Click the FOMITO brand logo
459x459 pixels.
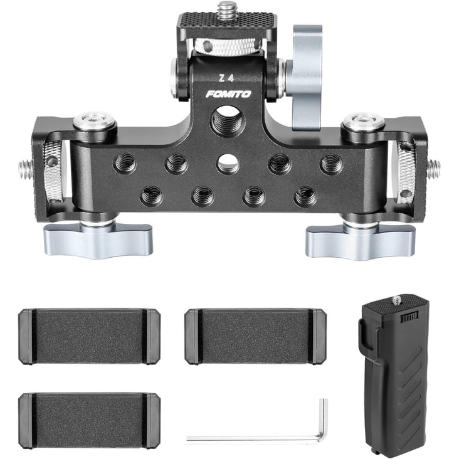(x=228, y=94)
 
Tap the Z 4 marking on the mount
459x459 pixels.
(x=226, y=78)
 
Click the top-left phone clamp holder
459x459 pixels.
(x=89, y=336)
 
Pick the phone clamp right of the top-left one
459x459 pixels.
(x=256, y=336)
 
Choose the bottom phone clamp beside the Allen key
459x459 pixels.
(x=89, y=421)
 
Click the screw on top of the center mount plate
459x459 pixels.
(x=226, y=9)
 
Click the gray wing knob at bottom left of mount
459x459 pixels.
(x=98, y=238)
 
